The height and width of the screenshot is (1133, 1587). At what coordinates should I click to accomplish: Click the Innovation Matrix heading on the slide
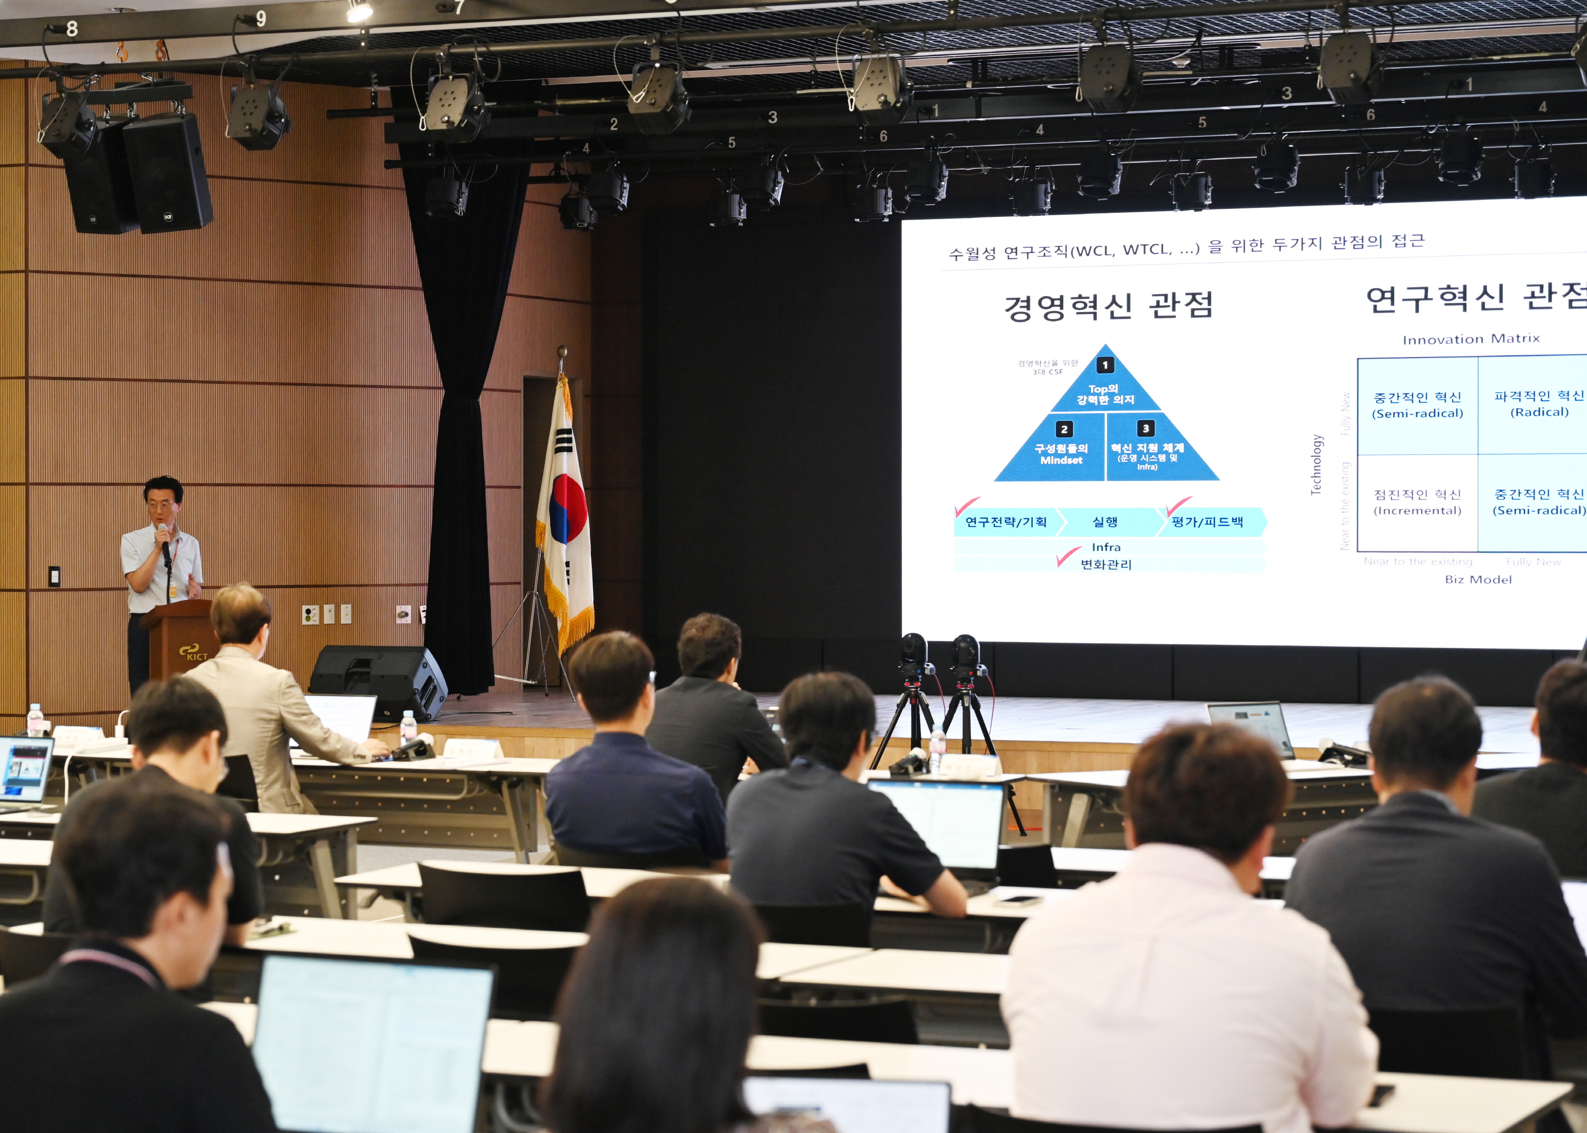pos(1471,339)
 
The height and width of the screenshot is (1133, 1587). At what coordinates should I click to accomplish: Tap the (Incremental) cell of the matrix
pos(1417,502)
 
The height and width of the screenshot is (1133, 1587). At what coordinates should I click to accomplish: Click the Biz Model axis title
pos(1477,580)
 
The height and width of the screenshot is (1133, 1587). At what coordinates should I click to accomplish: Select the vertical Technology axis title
pos(1316,464)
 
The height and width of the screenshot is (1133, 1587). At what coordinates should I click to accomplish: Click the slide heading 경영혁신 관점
pos(1108,306)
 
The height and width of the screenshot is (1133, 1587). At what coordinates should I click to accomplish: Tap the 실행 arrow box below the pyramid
pos(1105,522)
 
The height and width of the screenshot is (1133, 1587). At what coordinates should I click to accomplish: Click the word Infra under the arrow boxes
pos(1106,547)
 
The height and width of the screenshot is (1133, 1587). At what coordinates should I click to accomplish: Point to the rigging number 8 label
pos(72,29)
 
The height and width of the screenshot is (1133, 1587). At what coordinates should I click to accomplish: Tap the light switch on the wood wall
pos(54,576)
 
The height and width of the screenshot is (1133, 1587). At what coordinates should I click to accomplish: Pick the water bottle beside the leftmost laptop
pos(34,720)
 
